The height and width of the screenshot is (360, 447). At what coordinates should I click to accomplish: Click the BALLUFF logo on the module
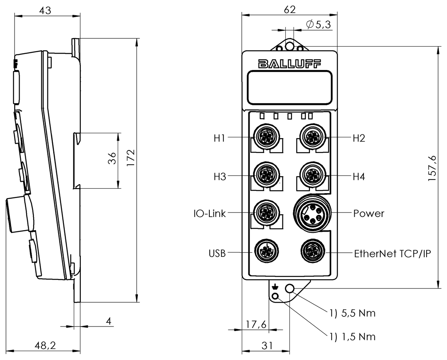click(x=289, y=64)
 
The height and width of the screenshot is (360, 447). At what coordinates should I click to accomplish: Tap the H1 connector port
click(x=266, y=137)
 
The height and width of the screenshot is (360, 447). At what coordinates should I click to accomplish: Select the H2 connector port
click(x=313, y=137)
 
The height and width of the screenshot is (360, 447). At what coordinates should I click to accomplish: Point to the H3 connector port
click(x=266, y=175)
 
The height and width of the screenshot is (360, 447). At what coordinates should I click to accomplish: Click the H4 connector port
click(x=313, y=175)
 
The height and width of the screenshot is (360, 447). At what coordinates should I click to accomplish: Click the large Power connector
click(x=313, y=214)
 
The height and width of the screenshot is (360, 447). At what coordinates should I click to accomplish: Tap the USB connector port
click(x=266, y=252)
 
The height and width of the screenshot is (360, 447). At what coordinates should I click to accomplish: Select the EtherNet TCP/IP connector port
click(x=313, y=252)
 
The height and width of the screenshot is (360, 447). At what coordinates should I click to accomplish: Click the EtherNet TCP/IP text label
click(x=392, y=254)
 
